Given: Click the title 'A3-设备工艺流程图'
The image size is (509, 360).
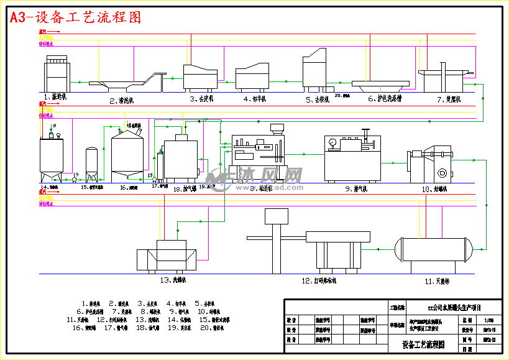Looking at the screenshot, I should pos(75,17).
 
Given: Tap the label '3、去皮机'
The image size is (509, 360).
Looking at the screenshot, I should pos(201,98).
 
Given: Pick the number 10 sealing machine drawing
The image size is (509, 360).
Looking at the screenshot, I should pos(433,166).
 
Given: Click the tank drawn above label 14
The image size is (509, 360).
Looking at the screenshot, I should pos(51,155).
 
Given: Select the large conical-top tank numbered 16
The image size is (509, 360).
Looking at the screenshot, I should pos(127,155).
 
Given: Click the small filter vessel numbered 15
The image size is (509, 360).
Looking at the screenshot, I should pos(91,163).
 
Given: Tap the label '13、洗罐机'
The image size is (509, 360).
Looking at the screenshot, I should pos(173,280).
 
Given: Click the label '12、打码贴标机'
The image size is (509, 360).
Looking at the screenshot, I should pos(319,280).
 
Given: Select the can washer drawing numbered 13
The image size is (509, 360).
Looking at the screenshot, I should pos(168,255).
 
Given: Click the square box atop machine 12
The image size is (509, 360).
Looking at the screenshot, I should pos(277,216).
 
